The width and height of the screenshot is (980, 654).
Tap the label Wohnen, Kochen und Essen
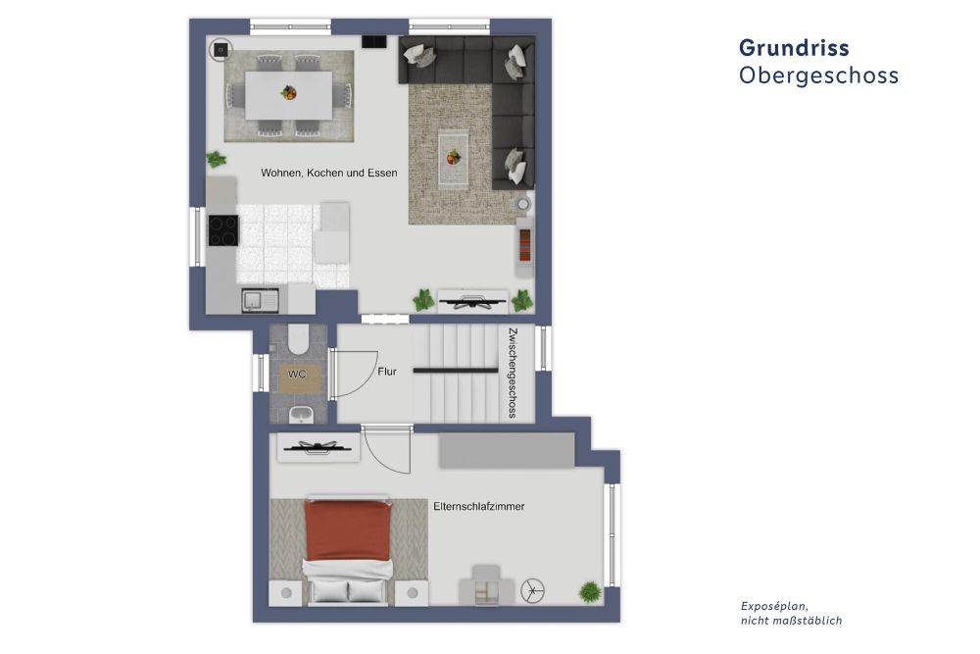(x=328, y=173)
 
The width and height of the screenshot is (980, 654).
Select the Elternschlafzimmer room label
(x=479, y=507)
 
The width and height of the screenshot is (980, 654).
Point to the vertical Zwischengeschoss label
(x=512, y=374)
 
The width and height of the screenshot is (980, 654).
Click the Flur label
(x=387, y=372)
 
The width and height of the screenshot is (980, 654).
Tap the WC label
(x=297, y=375)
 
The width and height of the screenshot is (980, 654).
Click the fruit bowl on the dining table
(x=289, y=93)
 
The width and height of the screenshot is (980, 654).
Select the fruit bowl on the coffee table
(x=453, y=156)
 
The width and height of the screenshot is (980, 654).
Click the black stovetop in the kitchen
(x=222, y=231)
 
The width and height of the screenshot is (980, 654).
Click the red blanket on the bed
(x=347, y=530)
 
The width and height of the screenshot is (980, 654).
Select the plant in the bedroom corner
(x=590, y=591)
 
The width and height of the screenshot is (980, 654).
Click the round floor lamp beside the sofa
(x=522, y=204)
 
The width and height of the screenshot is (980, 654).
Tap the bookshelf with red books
(x=525, y=246)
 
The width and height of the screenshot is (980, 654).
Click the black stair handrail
(x=455, y=371)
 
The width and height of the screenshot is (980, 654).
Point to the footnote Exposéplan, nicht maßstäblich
(x=791, y=613)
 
